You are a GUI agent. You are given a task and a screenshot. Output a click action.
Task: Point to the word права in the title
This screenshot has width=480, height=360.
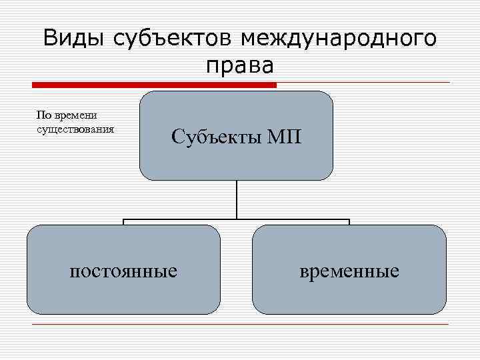pos(240,66)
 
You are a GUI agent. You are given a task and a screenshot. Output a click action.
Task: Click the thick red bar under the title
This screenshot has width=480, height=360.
pos(154,85)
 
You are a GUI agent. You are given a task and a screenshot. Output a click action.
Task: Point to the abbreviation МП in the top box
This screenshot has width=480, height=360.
pos(285,137)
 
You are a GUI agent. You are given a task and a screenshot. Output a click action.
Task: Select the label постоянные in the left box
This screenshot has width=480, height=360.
pos(123,271)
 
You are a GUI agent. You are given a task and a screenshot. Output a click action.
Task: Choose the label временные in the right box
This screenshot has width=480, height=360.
pos(349,271)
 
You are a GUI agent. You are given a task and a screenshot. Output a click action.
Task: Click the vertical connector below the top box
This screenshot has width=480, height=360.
pos(236,199)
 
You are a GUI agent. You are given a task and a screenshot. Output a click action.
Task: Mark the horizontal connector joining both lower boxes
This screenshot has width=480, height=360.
pos(236,219)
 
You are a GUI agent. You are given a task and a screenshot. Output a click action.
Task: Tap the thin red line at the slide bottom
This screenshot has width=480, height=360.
pos(240,325)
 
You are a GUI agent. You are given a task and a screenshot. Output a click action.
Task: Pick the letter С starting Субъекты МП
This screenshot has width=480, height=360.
pos(177,137)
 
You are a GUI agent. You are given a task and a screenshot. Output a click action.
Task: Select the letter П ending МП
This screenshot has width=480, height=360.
pos(293,137)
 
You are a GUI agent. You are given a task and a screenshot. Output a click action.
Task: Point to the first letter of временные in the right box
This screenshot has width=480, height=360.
pos(305,272)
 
